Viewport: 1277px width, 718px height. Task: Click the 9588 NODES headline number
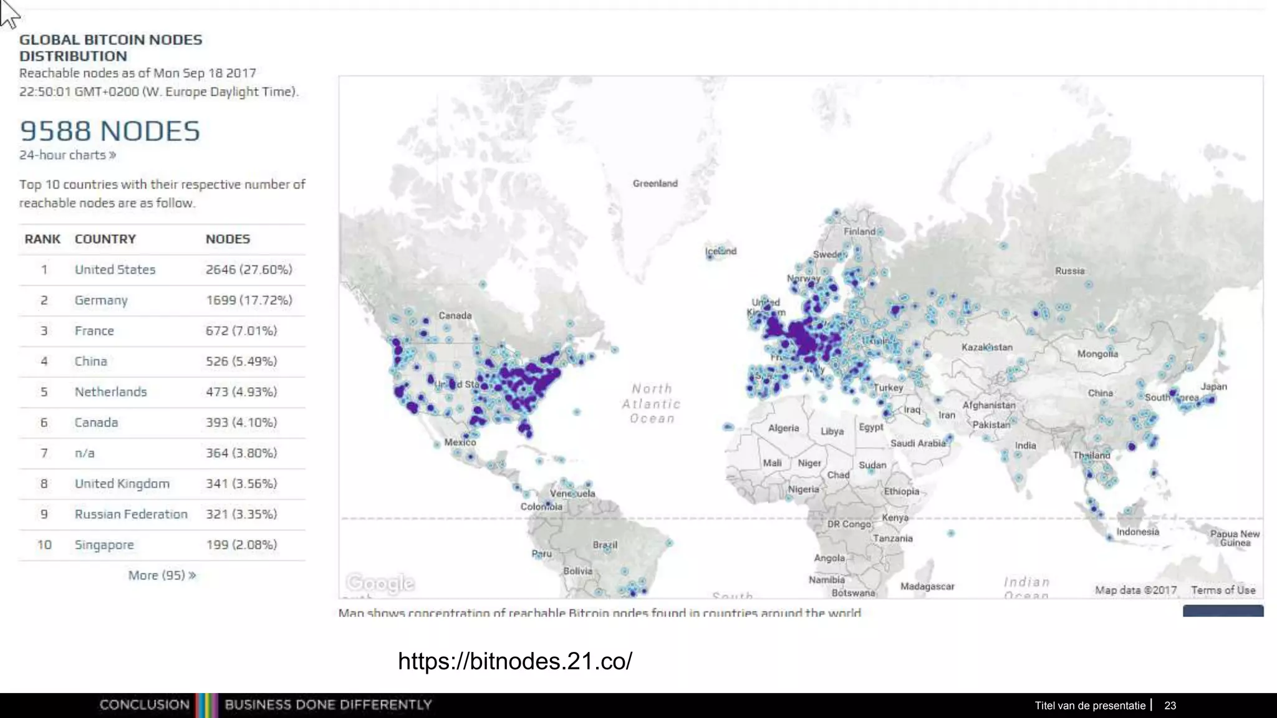[110, 132]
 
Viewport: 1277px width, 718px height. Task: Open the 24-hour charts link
[67, 155]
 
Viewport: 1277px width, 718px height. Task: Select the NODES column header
[228, 239]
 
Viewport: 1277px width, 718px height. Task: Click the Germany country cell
[101, 300]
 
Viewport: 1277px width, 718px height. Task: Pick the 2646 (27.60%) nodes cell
[249, 270]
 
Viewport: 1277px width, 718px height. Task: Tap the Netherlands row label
[111, 392]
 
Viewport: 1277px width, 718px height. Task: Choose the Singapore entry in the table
[104, 545]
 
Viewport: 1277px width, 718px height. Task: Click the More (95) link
[161, 575]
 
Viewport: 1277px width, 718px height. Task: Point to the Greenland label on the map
[655, 183]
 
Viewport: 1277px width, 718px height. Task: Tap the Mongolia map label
[1097, 354]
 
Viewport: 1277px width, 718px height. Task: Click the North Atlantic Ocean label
[652, 404]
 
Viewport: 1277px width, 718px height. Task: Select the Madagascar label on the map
[927, 586]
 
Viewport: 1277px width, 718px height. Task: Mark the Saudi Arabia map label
[918, 443]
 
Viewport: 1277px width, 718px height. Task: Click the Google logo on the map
[380, 583]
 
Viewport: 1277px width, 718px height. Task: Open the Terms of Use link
[1223, 590]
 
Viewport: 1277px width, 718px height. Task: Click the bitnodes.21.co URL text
[515, 661]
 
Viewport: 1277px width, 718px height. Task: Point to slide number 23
[1170, 706]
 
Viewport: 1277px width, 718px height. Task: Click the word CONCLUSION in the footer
[144, 705]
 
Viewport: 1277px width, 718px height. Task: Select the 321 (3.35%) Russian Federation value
[241, 514]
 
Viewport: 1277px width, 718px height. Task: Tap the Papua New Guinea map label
[1235, 538]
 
